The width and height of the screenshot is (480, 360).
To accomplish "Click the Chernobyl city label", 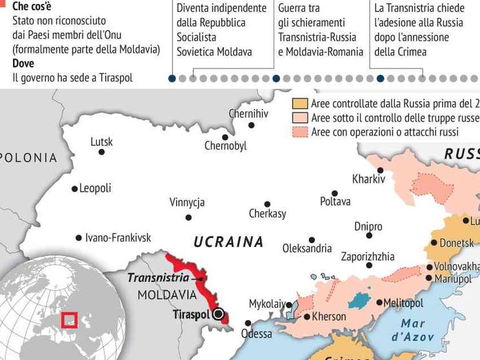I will coord(225,146).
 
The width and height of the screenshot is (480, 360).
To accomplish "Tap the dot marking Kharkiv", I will coord(381,170).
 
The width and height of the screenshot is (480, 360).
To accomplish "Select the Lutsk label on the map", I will coord(101,141).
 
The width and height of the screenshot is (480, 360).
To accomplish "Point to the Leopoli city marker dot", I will coord(74,189).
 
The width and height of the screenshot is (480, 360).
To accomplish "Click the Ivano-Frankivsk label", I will coord(117,237).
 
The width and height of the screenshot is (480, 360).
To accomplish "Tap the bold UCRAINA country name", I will coord(228,242).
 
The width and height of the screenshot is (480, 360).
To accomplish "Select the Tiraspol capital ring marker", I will coord(219,314).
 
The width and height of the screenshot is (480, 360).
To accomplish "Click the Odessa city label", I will coord(256,334).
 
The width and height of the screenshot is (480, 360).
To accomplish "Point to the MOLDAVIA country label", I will coord(166,294).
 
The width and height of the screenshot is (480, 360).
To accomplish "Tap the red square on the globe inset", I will coord(69,319).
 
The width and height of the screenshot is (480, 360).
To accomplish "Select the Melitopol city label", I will coord(403,303).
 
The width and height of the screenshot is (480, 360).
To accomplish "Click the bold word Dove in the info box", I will coord(24,63).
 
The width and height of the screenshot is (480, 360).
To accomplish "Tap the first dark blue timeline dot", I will coord(172,79).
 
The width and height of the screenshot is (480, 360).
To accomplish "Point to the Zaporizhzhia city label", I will coord(367,256).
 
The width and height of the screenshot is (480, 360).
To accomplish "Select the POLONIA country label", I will coord(29,157).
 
